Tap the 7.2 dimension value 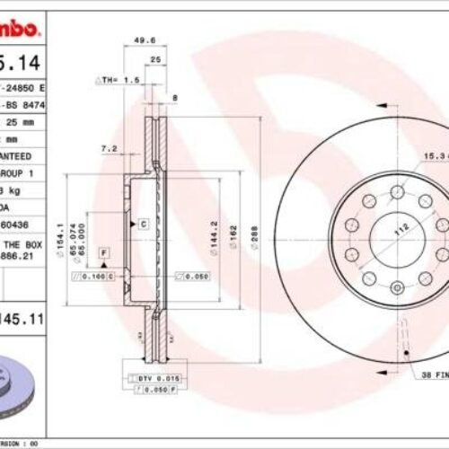(110, 148)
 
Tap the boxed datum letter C (143, 221)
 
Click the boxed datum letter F (104, 253)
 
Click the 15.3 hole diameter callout (436, 156)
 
